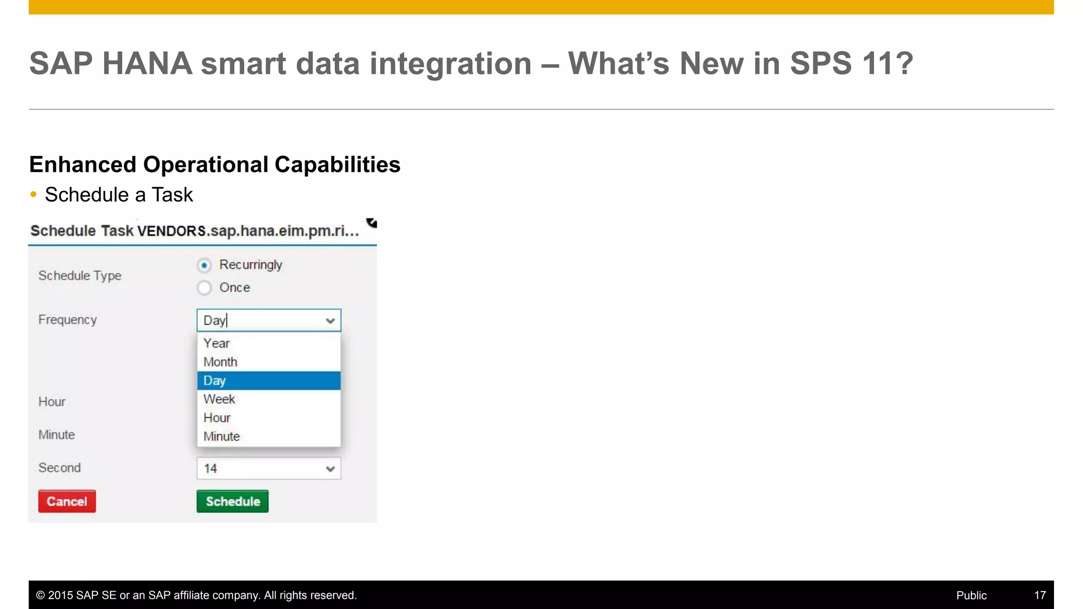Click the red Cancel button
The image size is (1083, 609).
pos(67,501)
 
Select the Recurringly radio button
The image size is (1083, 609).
pos(204,265)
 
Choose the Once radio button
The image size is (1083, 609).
pos(204,288)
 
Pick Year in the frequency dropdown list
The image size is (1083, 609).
pos(217,343)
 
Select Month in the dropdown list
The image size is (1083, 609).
pos(221,362)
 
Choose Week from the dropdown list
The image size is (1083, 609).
pos(219,399)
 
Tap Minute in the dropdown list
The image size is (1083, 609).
pos(222,436)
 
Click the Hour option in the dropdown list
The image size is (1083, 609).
pos(217,418)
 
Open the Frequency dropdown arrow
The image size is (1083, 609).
pos(331,321)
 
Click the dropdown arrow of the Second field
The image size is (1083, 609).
pos(331,469)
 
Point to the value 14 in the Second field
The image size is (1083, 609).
pos(210,469)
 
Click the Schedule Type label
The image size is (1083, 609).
pos(80,275)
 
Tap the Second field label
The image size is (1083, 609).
pos(59,468)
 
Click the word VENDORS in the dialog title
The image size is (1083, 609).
pos(171,231)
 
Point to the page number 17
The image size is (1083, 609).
pos(1040,595)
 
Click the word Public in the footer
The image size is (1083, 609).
pos(971,595)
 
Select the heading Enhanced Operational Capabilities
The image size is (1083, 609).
pos(215,164)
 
